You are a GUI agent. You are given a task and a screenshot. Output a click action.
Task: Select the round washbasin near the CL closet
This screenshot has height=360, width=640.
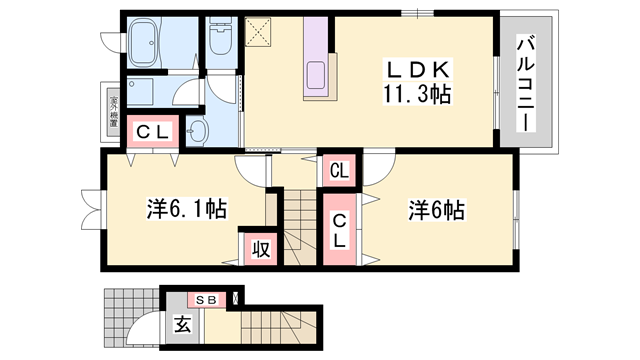[x=196, y=131]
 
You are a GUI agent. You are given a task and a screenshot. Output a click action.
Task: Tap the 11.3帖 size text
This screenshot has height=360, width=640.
[x=417, y=96]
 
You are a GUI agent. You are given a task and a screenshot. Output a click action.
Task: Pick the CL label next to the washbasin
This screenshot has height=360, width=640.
[x=152, y=132]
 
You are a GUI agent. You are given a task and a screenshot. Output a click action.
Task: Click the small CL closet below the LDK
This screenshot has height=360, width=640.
[x=340, y=171]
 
